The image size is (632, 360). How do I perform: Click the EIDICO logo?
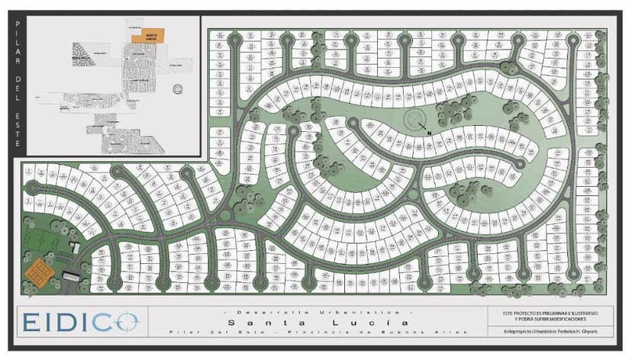pos(79,321)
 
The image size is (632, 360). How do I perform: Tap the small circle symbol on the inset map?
pos(178,88)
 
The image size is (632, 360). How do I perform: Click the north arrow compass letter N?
pos(430,134)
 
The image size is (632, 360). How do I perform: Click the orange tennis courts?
pos(35,269)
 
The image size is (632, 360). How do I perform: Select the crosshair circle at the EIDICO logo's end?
pos(127,321)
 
